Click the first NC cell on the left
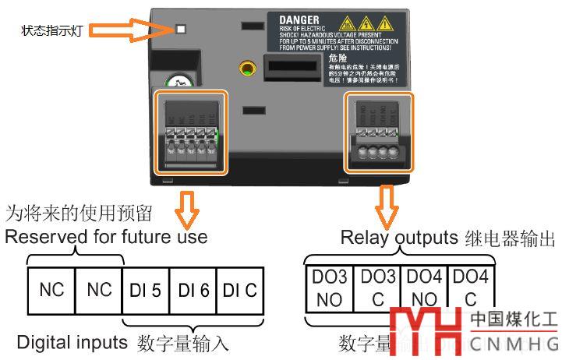[51, 290]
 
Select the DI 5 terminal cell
[146, 290]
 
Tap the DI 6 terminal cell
[193, 290]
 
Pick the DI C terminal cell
[240, 290]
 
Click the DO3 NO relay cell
[328, 287]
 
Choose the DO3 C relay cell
[377, 287]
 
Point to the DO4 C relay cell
[471, 287]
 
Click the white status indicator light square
[181, 29]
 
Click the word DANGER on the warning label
[295, 19]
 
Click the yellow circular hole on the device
[247, 68]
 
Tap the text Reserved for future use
[106, 237]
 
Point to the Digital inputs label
[72, 341]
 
